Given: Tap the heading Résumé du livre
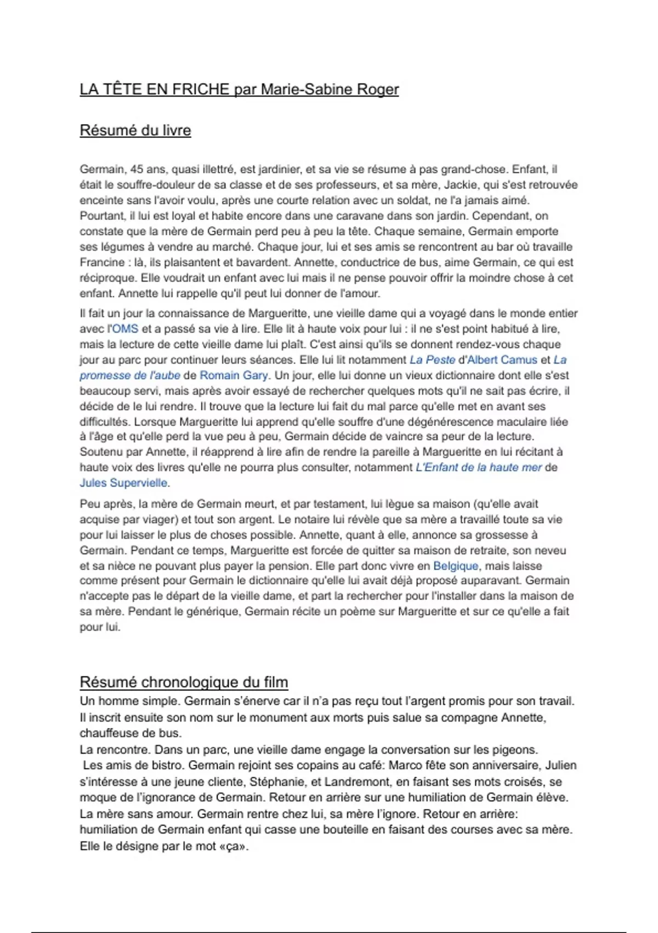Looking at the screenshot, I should (135, 131).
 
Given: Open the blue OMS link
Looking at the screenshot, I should (126, 329).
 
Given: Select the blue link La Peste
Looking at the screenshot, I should (432, 360).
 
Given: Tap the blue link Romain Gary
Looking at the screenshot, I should (234, 375).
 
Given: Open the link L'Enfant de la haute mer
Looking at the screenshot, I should (479, 468).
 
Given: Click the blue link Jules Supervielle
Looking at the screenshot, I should (124, 483).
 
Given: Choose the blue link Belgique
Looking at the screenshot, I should (456, 566).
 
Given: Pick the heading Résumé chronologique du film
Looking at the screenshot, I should (184, 682).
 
